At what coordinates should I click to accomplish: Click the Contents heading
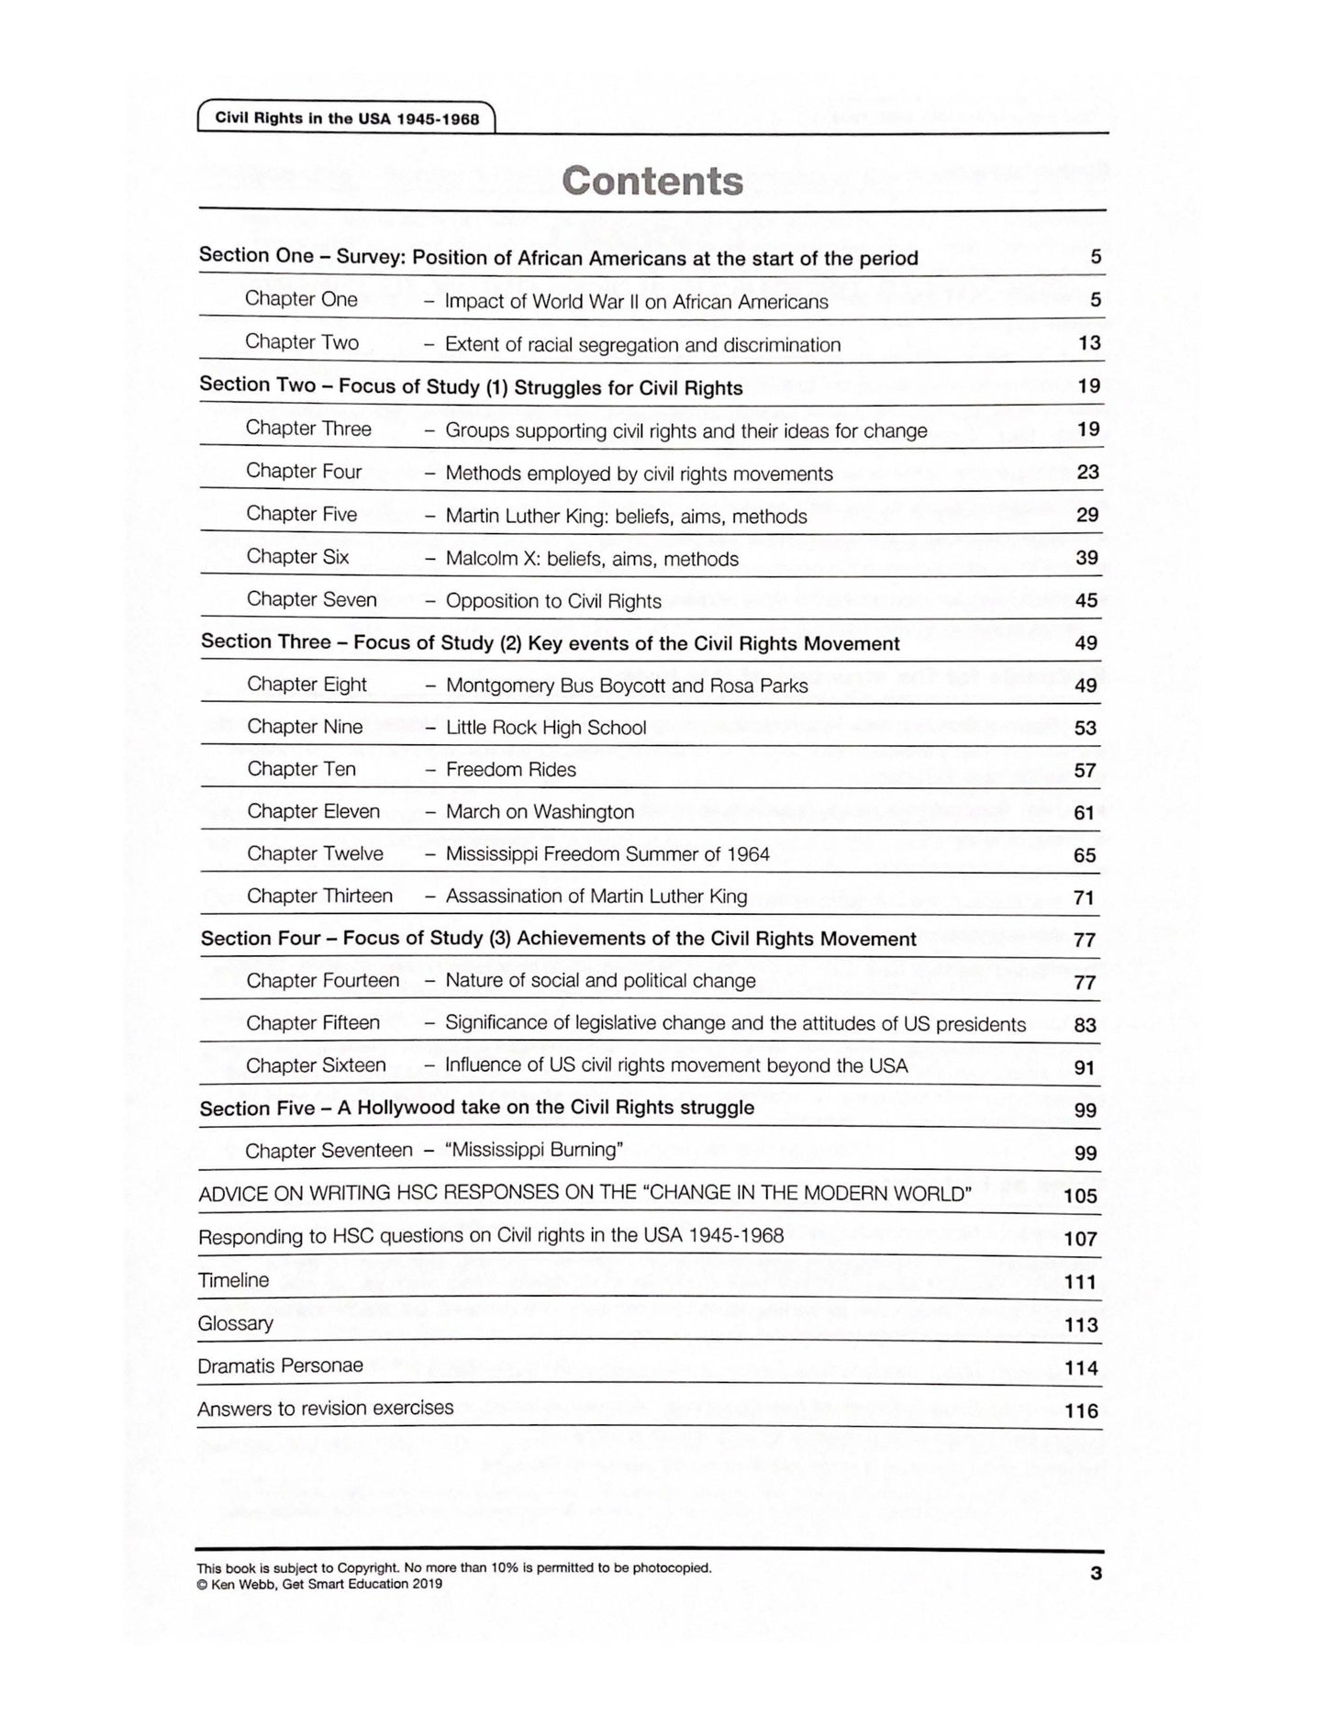[652, 181]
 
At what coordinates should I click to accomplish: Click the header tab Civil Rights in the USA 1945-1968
[347, 118]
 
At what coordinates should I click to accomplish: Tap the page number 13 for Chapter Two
[1089, 343]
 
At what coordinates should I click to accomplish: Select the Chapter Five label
[301, 514]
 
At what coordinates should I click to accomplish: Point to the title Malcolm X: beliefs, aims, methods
[592, 559]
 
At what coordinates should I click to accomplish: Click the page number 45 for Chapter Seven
[1086, 600]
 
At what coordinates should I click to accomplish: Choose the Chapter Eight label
[306, 685]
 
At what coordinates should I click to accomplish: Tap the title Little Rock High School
[546, 728]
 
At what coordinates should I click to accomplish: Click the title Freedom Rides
[511, 770]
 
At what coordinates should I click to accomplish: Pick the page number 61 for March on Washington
[1085, 812]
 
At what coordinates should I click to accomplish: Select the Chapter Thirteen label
[319, 896]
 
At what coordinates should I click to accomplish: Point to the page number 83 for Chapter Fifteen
[1085, 1024]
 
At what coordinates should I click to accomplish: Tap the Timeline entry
[234, 1280]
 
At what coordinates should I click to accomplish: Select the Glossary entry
[236, 1323]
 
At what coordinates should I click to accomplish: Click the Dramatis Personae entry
[280, 1365]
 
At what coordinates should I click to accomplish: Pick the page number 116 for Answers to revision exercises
[1081, 1410]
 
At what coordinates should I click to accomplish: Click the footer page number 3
[1096, 1574]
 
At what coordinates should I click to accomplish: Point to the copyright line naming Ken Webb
[319, 1584]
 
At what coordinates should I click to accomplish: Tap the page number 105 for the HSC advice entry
[1080, 1196]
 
